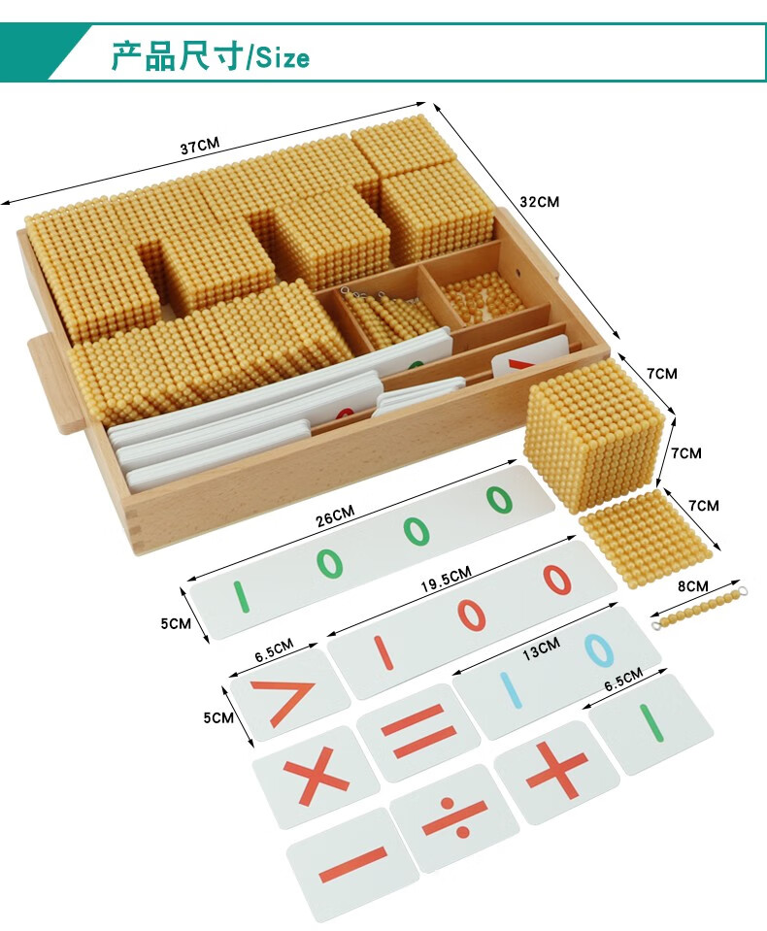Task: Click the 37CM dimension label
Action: point(200,146)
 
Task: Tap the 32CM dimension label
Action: point(540,202)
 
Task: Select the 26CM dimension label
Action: point(335,515)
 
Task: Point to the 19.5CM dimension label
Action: point(447,579)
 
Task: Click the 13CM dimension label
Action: point(541,648)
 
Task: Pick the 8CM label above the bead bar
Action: point(693,586)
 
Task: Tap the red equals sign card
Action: point(419,732)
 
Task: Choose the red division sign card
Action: point(454,817)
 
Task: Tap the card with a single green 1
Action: point(651,723)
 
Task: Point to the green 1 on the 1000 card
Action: point(240,597)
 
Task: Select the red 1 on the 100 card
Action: point(383,652)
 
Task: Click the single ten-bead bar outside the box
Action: point(699,608)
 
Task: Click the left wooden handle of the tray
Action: point(56,382)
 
